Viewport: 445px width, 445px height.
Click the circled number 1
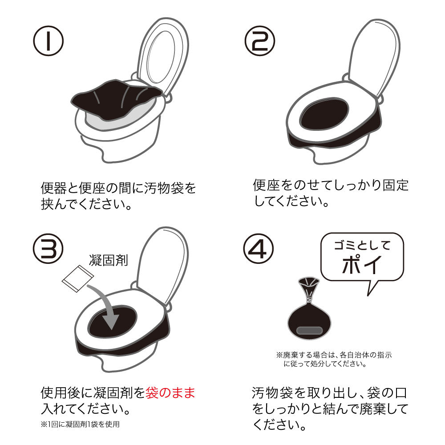[x=48, y=41]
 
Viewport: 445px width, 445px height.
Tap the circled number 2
[x=260, y=41]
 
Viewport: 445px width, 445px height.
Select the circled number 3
[x=48, y=249]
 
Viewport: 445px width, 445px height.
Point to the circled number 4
[x=258, y=249]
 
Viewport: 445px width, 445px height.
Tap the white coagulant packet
[x=78, y=279]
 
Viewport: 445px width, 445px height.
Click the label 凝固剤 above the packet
[x=109, y=260]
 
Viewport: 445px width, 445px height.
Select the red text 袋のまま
[x=170, y=393]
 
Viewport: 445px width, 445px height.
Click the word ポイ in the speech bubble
[x=361, y=265]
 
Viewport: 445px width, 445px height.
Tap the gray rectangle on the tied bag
[x=309, y=330]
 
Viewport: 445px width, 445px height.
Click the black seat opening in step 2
[x=324, y=114]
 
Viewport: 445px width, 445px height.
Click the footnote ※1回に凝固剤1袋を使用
[x=80, y=424]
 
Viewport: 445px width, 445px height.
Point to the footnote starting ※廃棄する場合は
[x=334, y=359]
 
